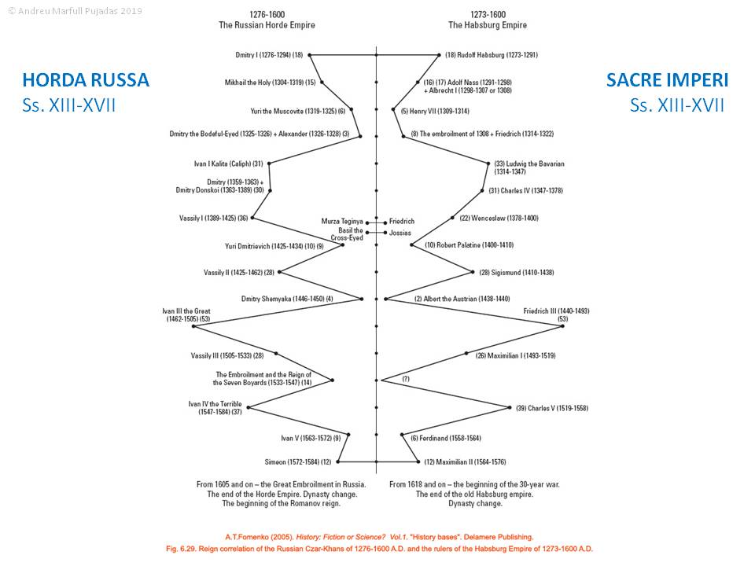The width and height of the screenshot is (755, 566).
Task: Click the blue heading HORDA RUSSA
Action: click(86, 80)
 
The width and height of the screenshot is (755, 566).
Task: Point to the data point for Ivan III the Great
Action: click(193, 325)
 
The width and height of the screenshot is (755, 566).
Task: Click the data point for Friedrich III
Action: click(562, 325)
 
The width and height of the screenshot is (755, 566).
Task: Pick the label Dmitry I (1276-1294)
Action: click(263, 55)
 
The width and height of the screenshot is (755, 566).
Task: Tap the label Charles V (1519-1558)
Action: click(551, 408)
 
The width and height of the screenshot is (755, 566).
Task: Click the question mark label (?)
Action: click(406, 380)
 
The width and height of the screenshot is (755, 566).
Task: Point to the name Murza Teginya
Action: click(341, 222)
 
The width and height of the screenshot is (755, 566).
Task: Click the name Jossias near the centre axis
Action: click(400, 233)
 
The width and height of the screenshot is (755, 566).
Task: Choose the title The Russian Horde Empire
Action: click(267, 25)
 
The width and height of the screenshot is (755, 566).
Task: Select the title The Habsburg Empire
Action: click(488, 25)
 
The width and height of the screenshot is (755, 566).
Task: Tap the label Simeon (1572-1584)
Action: click(300, 461)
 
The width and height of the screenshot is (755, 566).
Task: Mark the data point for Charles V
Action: click(510, 407)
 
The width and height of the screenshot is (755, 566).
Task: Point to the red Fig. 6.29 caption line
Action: click(377, 548)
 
